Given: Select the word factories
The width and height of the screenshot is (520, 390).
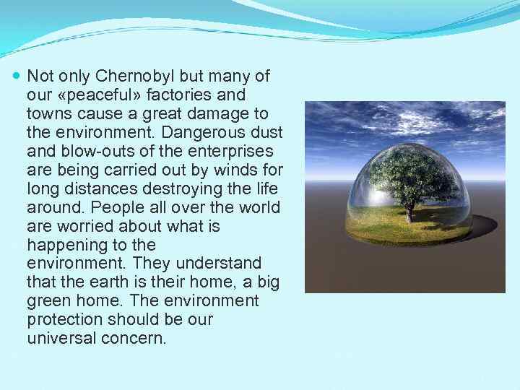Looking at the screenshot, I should click(179, 95).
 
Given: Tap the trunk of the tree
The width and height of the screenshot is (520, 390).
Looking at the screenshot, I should click(410, 211).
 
